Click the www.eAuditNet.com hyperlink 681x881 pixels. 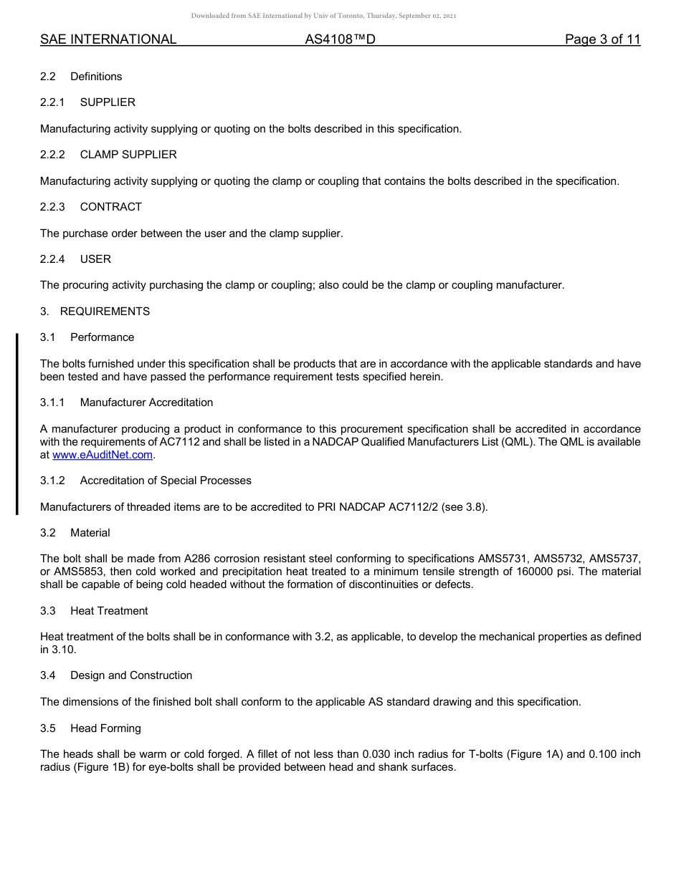tap(103, 455)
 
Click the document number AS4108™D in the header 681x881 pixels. tap(340, 40)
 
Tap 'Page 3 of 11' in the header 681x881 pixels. tap(602, 40)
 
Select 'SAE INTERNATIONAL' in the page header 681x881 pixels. tap(108, 40)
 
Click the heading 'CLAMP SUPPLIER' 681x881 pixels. tap(128, 155)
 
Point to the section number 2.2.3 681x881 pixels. tap(52, 207)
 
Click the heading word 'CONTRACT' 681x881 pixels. tap(111, 207)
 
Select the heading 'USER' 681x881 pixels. tap(95, 259)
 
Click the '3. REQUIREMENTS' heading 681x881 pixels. tap(95, 312)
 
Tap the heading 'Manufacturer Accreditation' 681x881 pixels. tap(146, 403)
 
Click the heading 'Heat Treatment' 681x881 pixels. tap(109, 611)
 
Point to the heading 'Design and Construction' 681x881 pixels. tap(131, 675)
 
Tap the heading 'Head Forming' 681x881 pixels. tap(105, 728)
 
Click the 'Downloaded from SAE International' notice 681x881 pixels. tap(323, 16)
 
